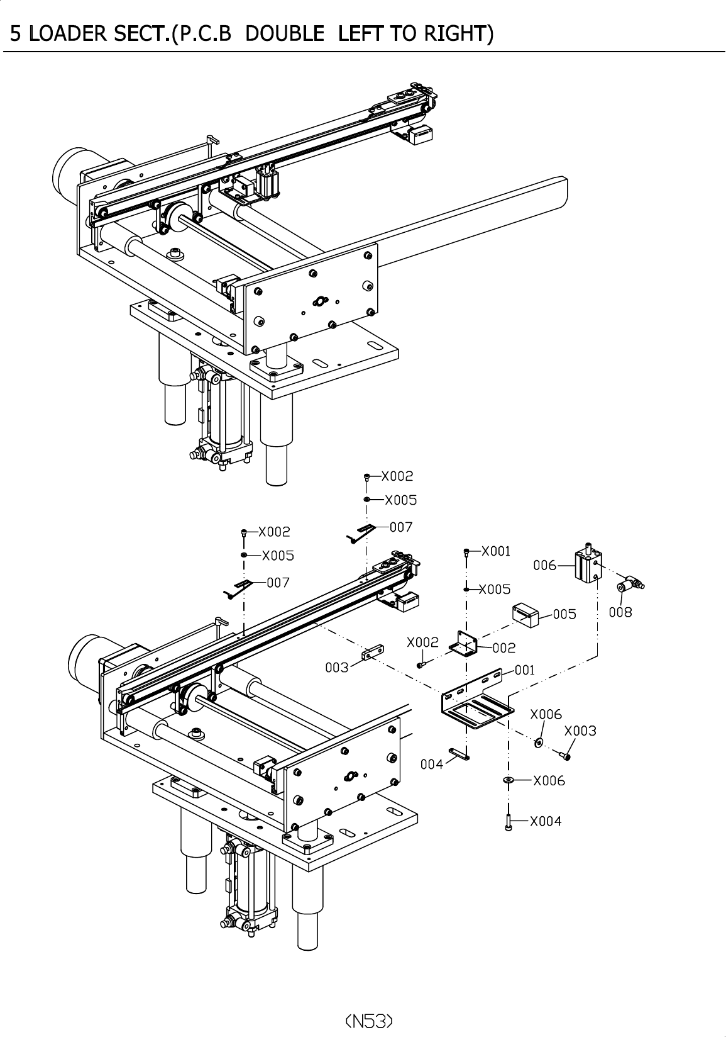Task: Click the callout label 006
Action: pos(544,565)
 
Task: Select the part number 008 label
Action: pos(620,612)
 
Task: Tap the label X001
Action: pos(496,551)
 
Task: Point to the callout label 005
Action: pos(564,614)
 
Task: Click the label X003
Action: pos(580,731)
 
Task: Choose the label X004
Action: pos(546,821)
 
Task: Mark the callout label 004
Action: pos(431,764)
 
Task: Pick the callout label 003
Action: pos(336,667)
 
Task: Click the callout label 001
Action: pos(525,670)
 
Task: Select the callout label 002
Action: pos(504,647)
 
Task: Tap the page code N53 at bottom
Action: pos(370,1019)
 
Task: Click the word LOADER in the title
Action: pos(62,33)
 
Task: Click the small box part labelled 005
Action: pos(526,614)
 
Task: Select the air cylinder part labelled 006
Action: pos(588,564)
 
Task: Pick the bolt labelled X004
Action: pos(508,822)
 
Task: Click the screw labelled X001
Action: pos(466,552)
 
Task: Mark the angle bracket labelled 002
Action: pos(464,644)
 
